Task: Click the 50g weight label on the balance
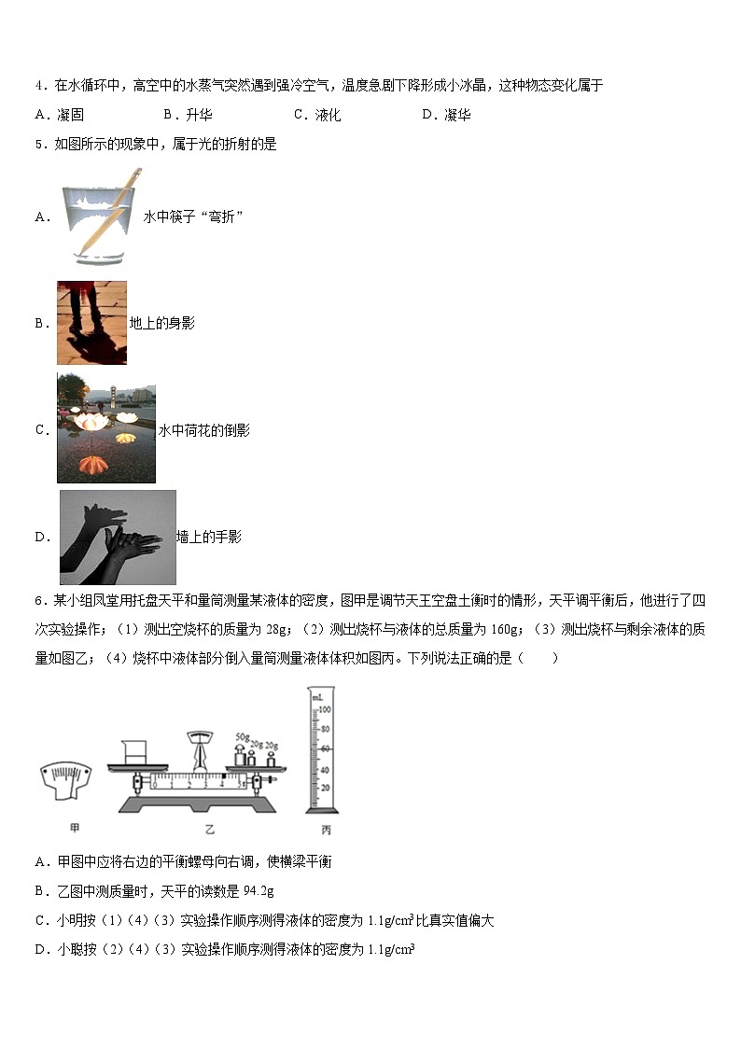241,736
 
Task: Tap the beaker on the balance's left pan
131,750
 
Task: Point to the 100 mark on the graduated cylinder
326,710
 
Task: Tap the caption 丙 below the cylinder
326,830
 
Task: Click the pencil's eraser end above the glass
137,173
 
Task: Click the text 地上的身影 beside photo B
161,323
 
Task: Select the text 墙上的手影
209,537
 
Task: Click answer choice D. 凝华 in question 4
446,115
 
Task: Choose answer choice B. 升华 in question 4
188,115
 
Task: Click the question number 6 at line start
39,606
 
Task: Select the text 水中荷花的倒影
204,430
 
